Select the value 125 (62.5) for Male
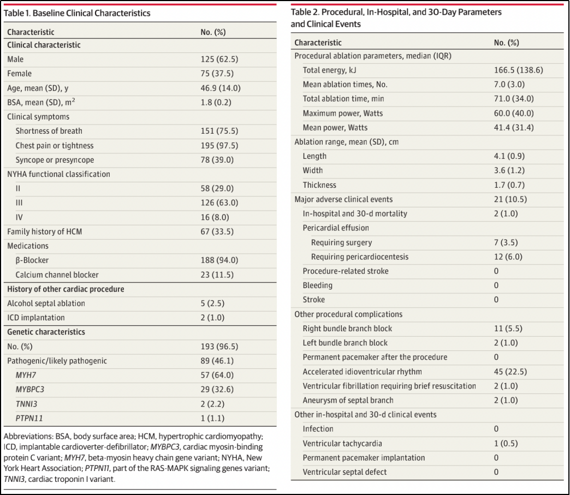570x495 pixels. point(219,59)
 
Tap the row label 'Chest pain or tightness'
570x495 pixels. point(54,146)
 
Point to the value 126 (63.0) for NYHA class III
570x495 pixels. point(219,203)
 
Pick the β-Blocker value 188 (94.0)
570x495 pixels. point(219,260)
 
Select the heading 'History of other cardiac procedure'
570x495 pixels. point(65,289)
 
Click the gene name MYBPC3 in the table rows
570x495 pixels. point(30,390)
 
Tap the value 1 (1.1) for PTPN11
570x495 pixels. point(212,419)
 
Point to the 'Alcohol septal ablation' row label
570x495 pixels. point(46,303)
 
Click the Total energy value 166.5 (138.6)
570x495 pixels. point(518,70)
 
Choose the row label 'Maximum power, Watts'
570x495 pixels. point(343,114)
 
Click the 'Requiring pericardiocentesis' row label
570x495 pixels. point(360,257)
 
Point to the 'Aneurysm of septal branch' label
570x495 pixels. point(348,401)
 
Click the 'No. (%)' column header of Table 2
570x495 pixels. point(506,43)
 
